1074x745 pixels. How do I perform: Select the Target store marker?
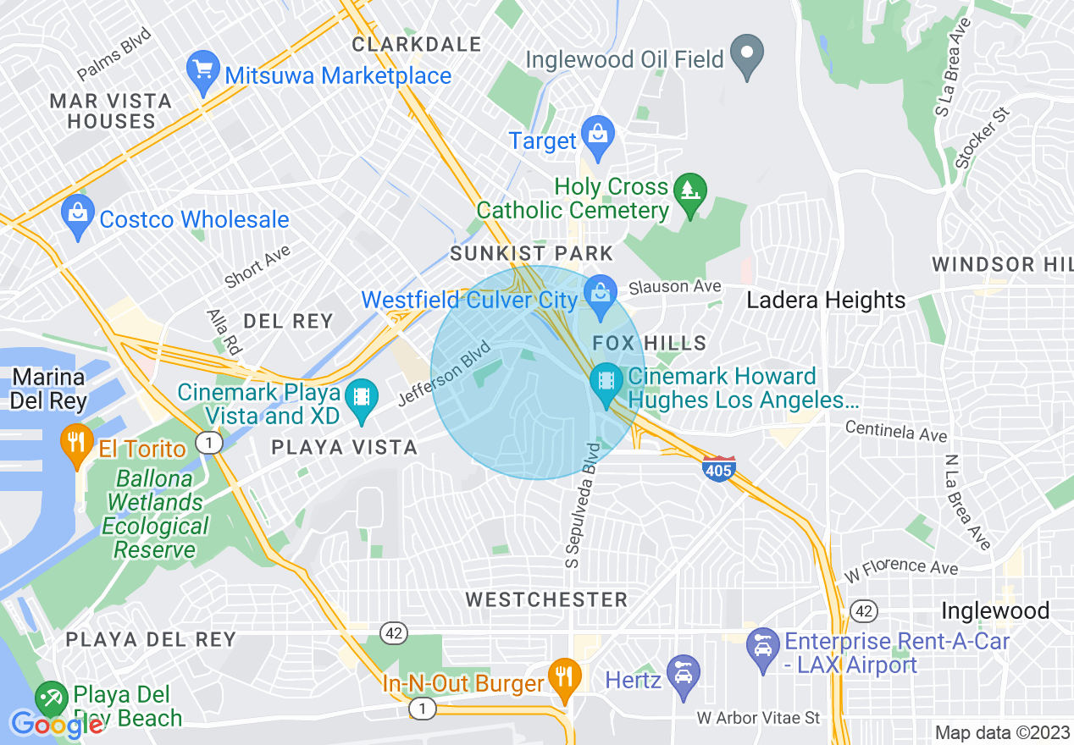click(599, 136)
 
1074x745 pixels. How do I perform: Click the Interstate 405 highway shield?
click(719, 468)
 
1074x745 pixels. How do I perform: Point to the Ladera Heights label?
click(826, 301)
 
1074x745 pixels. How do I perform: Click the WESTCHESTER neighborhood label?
click(547, 599)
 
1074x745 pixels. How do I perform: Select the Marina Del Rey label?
click(49, 389)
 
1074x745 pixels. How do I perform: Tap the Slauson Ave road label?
click(675, 288)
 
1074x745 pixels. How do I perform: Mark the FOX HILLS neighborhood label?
click(650, 343)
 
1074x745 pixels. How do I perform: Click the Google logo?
click(58, 725)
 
